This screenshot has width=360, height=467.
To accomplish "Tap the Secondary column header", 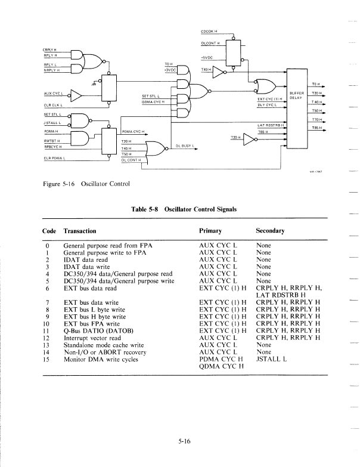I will tap(270, 230).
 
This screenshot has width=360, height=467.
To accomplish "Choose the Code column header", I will tap(49, 230).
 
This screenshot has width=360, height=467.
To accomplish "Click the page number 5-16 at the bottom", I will tap(184, 441).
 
